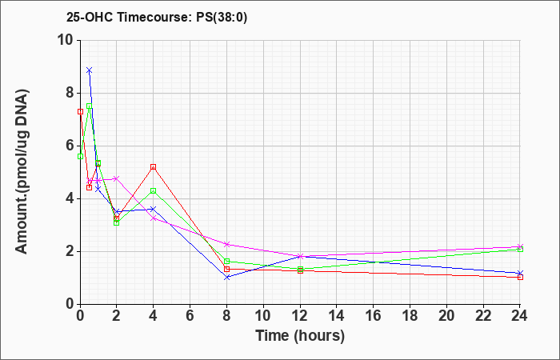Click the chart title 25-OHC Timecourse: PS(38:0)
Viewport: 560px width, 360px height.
pos(157,18)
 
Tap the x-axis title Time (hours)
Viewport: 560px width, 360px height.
pos(300,336)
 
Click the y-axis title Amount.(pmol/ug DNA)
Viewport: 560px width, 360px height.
pos(22,172)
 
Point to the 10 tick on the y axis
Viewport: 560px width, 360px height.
pos(68,40)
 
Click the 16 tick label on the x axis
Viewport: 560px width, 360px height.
pos(374,316)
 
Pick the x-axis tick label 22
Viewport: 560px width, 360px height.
pos(483,316)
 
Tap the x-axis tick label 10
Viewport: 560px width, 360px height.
pos(263,316)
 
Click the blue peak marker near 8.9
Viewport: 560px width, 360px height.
pos(90,70)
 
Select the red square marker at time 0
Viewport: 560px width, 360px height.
pos(80,112)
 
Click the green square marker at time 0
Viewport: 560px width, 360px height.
pos(80,157)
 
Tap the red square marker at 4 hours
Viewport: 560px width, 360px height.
pos(154,166)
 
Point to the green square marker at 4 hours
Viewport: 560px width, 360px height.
pos(154,190)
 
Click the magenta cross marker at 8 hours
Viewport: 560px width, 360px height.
pos(226,244)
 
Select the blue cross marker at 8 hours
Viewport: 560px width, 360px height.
pos(226,277)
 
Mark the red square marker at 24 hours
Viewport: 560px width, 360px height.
pos(520,277)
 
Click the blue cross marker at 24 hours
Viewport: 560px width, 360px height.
pos(520,273)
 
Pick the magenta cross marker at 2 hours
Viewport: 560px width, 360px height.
pos(117,178)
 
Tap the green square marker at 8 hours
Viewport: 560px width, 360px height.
pos(226,261)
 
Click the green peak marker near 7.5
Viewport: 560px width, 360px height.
pos(90,106)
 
